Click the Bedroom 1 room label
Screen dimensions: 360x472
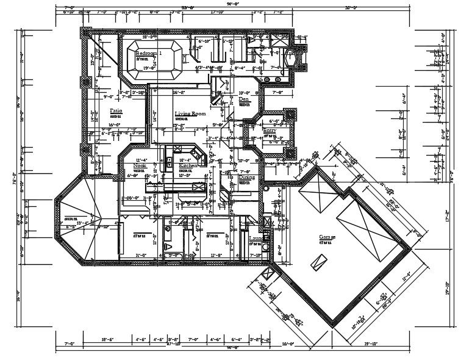tap(149, 54)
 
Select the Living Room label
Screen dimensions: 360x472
tap(190, 113)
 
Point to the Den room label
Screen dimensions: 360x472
tap(244, 99)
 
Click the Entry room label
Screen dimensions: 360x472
tap(270, 131)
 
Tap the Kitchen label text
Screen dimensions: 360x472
tap(187, 165)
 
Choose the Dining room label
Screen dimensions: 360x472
tap(246, 177)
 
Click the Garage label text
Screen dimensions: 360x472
tap(329, 237)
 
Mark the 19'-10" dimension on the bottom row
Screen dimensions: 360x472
tap(371, 344)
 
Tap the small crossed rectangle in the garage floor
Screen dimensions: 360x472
tap(317, 262)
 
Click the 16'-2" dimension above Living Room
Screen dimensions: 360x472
tap(179, 93)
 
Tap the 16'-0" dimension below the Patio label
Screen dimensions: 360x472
tap(114, 124)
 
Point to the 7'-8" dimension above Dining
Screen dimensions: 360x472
tap(245, 171)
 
